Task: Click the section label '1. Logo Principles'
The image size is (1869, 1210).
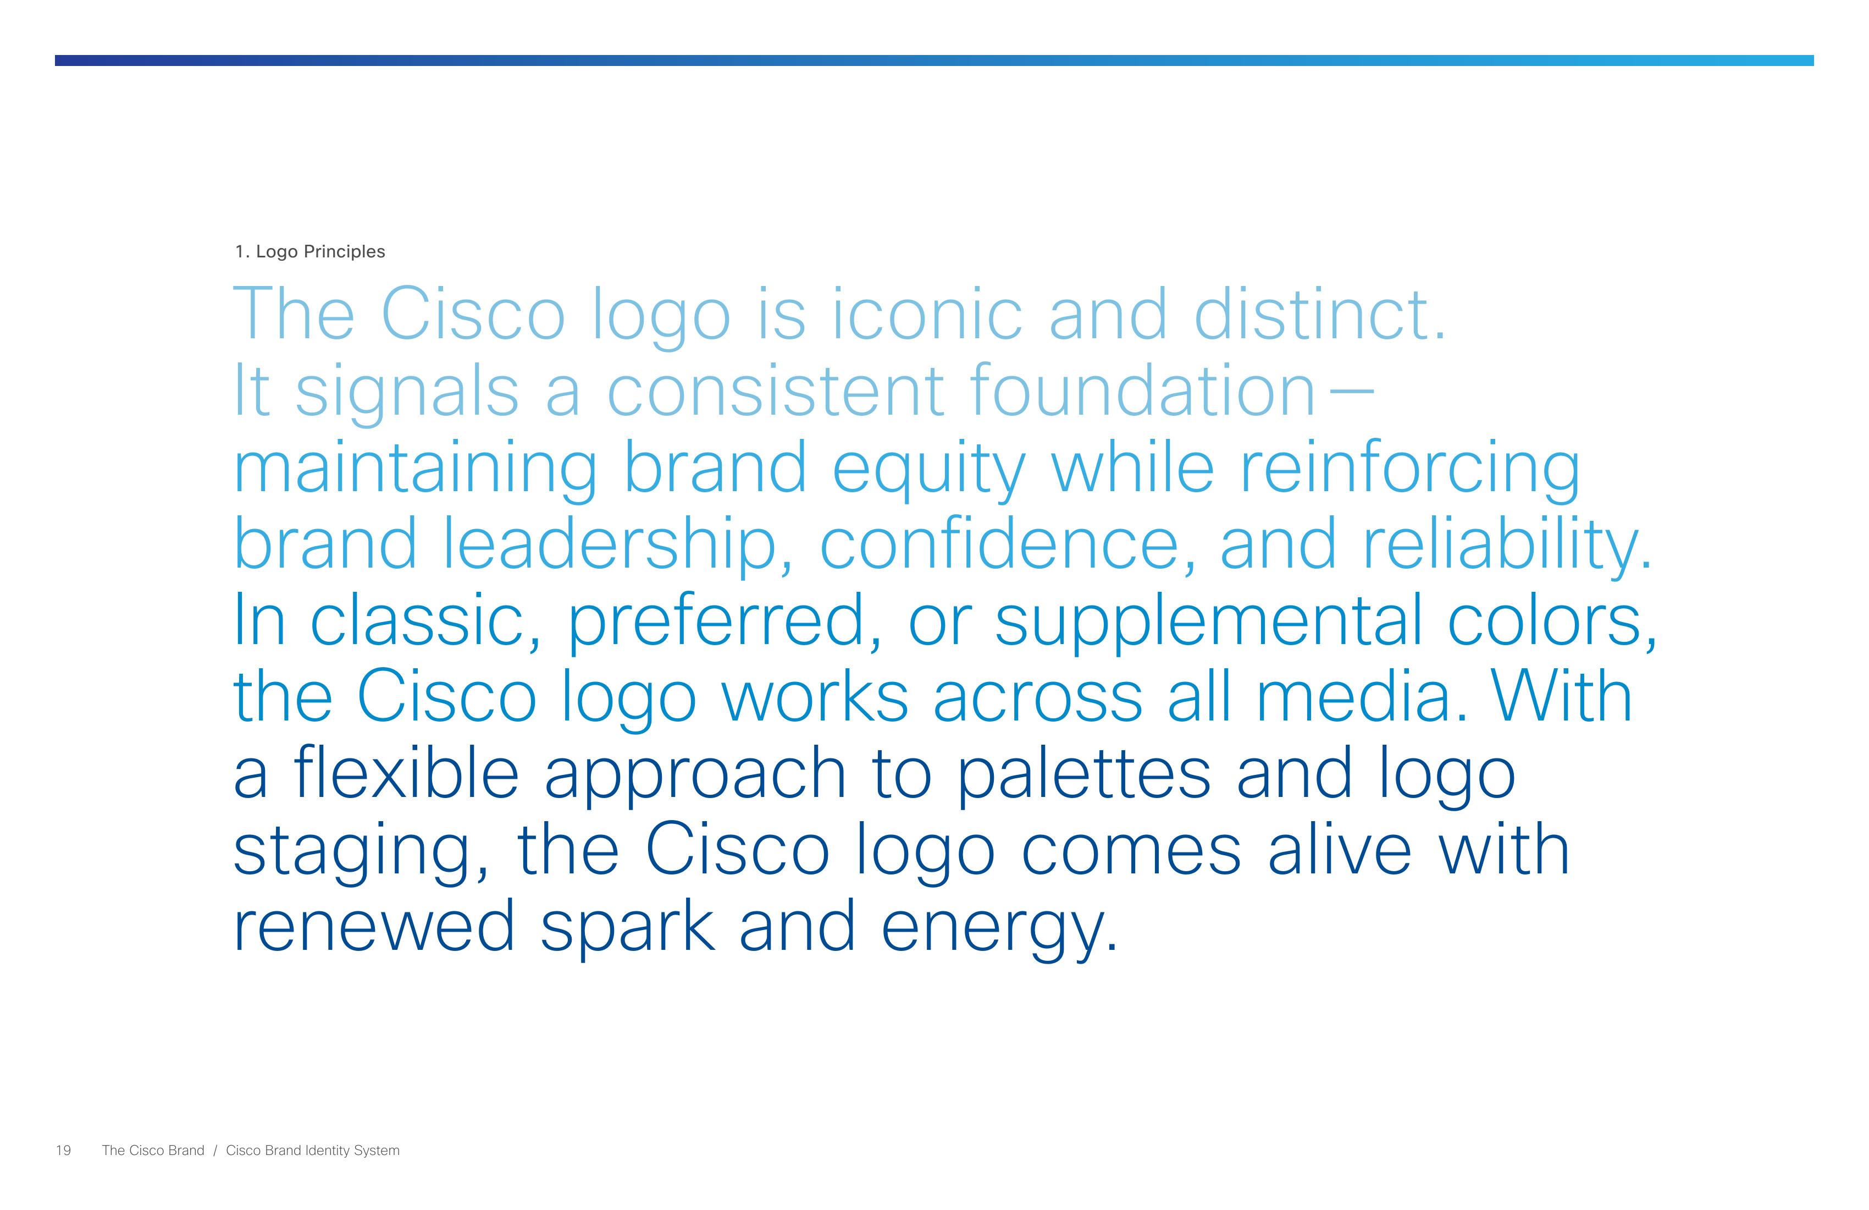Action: (310, 251)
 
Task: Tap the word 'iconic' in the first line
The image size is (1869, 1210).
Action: (927, 314)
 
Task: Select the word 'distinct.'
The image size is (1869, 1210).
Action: (1319, 314)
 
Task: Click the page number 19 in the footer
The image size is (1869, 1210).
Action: (64, 1150)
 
